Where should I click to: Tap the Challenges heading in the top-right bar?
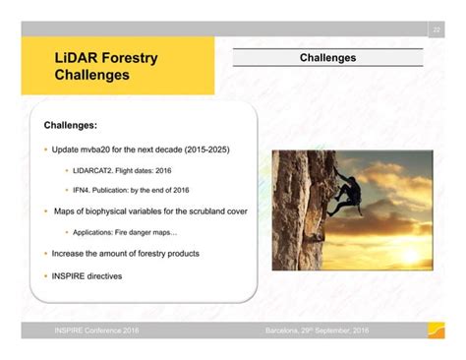point(327,58)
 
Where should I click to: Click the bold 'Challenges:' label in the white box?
point(71,125)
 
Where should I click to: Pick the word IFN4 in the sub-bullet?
point(85,190)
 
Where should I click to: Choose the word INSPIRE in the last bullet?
point(70,275)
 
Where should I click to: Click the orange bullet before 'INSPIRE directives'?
point(45,275)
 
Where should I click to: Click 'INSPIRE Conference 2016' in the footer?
point(96,330)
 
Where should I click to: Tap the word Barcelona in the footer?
point(286,330)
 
